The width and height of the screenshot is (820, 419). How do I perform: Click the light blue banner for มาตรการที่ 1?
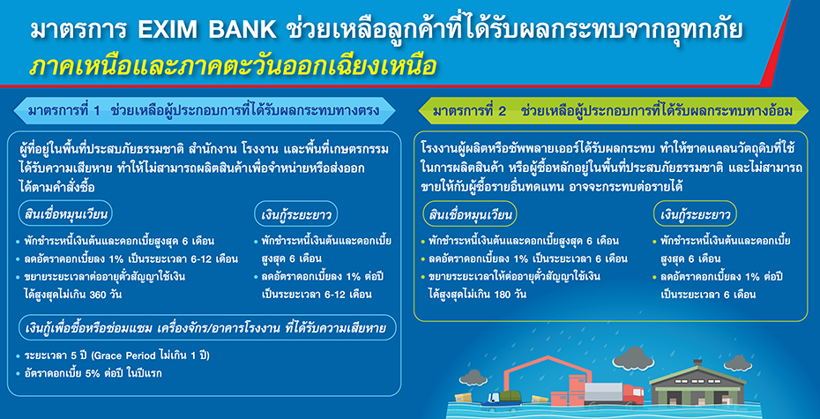pyautogui.click(x=204, y=111)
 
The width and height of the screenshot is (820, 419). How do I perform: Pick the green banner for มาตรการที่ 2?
pyautogui.click(x=613, y=111)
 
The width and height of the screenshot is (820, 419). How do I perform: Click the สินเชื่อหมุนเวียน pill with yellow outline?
pyautogui.click(x=470, y=215)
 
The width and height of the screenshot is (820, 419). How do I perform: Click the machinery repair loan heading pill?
pyautogui.click(x=205, y=328)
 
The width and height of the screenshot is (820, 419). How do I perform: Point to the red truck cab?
pyautogui.click(x=633, y=394)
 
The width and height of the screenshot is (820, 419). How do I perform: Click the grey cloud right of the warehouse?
pyautogui.click(x=738, y=363)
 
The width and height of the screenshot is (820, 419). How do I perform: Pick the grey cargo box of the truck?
pyautogui.click(x=603, y=393)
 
